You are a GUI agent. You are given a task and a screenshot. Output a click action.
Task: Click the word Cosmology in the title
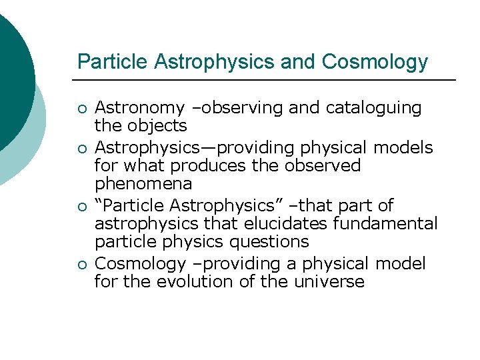(375, 62)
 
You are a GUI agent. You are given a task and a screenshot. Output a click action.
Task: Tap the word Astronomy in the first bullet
(139, 108)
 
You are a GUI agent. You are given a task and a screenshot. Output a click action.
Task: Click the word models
(409, 147)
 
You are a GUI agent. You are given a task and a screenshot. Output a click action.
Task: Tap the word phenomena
(143, 183)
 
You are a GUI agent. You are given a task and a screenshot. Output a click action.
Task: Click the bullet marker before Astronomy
(81, 109)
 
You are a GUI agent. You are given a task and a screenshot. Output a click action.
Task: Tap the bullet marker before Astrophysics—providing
(81, 149)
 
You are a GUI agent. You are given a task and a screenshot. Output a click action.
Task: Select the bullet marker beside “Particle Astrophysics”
(81, 206)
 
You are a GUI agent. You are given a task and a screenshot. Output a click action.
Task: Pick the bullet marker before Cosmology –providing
(81, 265)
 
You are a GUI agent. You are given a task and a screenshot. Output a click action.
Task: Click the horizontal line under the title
(267, 80)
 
